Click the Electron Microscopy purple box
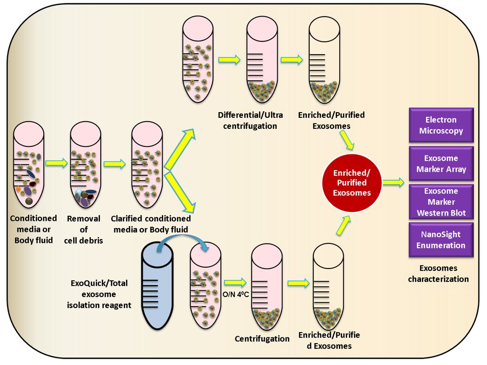click(441, 125)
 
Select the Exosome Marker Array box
click(441, 163)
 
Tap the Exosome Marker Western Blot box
click(441, 202)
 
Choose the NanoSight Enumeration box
click(441, 240)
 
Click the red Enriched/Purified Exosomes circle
click(352, 182)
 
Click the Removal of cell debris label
click(84, 229)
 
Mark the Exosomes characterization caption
click(438, 273)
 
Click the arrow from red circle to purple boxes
click(393, 182)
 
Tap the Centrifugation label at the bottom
click(262, 338)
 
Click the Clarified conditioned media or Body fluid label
click(150, 224)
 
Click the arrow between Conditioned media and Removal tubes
click(57, 163)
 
